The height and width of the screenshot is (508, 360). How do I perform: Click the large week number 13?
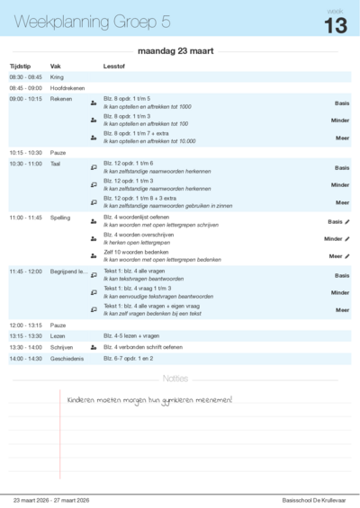click(335, 25)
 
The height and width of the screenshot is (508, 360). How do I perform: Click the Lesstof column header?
click(114, 67)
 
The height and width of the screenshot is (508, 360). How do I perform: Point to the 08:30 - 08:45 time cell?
click(25, 78)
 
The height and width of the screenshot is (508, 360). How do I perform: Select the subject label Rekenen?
click(61, 99)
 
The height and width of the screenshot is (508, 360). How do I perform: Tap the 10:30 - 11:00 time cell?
click(26, 164)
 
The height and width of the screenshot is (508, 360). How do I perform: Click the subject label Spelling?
click(60, 218)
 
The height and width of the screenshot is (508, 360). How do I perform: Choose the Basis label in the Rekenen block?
click(341, 103)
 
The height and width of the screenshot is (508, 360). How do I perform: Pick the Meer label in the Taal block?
click(342, 202)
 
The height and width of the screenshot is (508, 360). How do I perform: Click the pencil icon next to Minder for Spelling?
click(347, 239)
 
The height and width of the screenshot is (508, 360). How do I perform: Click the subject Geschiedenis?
click(67, 359)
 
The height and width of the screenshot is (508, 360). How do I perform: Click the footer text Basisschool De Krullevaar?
click(313, 499)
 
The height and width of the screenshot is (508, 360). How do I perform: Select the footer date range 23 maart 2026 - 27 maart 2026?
click(51, 499)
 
